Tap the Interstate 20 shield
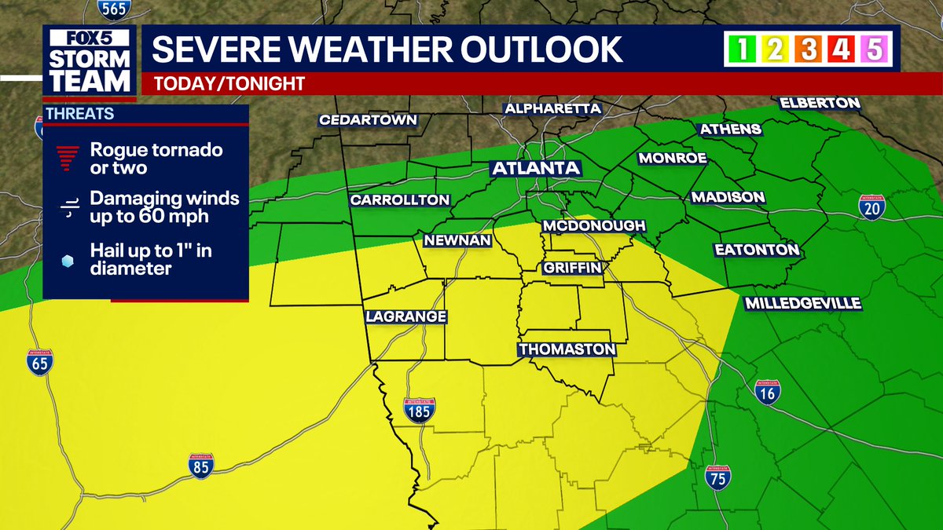pyautogui.click(x=872, y=207)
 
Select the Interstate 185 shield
pyautogui.click(x=418, y=411)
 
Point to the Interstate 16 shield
pyautogui.click(x=767, y=393)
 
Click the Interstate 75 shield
pyautogui.click(x=717, y=477)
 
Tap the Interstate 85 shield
pyautogui.click(x=202, y=466)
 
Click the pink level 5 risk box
pyautogui.click(x=874, y=50)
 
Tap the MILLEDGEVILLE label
pyautogui.click(x=803, y=303)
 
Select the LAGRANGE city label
pyautogui.click(x=406, y=316)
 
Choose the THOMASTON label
pyautogui.click(x=566, y=349)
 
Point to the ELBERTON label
pyautogui.click(x=820, y=103)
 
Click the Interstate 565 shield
pyautogui.click(x=113, y=7)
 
